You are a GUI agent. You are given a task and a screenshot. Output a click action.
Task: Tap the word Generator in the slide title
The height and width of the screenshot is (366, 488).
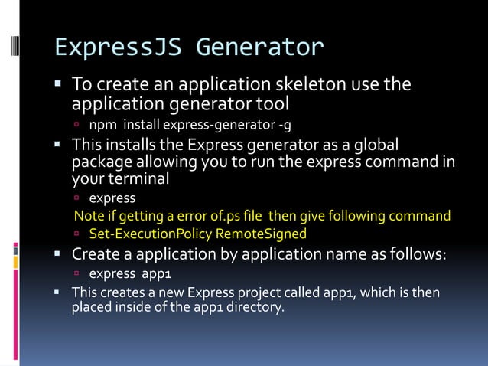[260, 47]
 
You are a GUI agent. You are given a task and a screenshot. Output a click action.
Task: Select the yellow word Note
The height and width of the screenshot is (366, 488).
[88, 216]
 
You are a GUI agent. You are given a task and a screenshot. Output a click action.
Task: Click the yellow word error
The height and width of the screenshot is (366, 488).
[190, 216]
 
